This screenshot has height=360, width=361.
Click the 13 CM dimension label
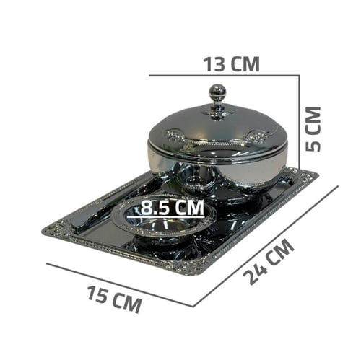(232, 64)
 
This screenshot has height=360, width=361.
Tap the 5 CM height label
(313, 129)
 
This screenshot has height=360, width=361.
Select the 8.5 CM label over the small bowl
(172, 207)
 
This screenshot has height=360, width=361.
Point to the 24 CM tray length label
(269, 262)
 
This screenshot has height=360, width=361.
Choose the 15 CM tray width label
(114, 299)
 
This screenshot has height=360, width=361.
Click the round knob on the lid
(217, 91)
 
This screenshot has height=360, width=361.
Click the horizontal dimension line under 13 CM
(225, 76)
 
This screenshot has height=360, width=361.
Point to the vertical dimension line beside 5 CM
(300, 121)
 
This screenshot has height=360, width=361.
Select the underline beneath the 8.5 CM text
(166, 217)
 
